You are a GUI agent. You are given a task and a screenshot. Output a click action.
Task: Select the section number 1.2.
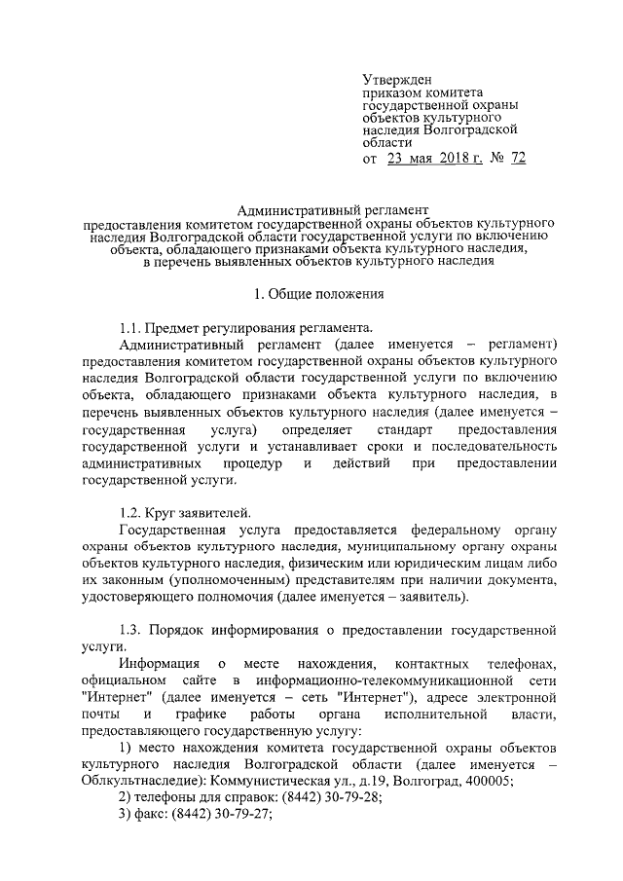coord(131,512)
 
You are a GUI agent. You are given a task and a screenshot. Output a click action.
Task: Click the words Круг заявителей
coord(199,512)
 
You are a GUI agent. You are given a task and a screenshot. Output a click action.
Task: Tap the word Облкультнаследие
coord(142,781)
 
